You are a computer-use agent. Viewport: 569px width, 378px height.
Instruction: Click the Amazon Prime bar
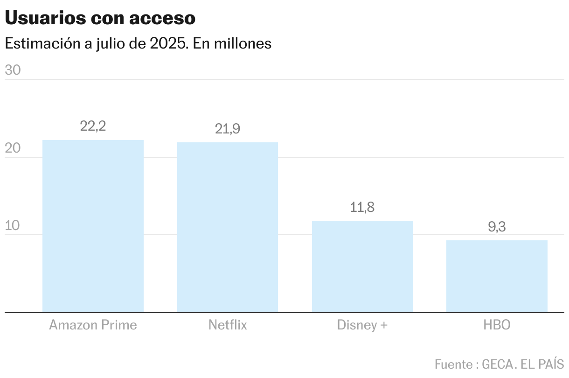pos(93,226)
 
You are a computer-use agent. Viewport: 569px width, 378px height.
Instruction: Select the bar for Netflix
pos(228,227)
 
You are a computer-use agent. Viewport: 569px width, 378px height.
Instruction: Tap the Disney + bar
pos(362,266)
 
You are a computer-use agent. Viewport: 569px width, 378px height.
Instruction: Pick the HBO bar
pos(497,276)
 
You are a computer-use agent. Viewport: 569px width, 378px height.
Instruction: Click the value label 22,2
pos(93,126)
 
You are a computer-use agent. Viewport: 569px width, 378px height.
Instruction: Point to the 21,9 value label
pos(228,129)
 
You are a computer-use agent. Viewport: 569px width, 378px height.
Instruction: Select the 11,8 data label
pos(362,207)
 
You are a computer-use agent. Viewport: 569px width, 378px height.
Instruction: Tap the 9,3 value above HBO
pos(497,227)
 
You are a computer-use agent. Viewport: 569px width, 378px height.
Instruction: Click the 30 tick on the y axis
pos(13,70)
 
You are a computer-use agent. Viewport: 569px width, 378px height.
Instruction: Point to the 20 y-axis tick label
pos(13,148)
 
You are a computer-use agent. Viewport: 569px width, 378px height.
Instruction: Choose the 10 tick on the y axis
pos(12,225)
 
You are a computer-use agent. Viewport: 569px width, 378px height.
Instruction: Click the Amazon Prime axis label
pos(93,325)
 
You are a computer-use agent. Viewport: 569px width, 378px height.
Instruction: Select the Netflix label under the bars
pos(228,325)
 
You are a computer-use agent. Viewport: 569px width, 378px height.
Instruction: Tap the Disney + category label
pos(362,325)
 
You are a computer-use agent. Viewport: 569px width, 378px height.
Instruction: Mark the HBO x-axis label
pos(497,325)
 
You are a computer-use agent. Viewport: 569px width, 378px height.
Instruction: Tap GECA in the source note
pos(498,364)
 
